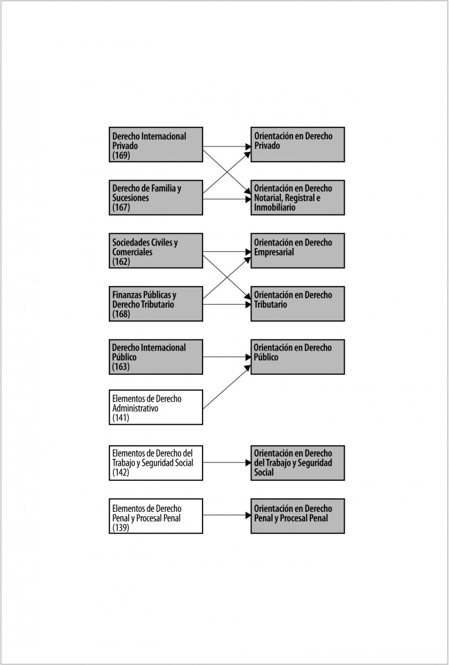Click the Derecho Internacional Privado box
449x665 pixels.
156,145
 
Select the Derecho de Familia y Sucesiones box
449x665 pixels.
156,198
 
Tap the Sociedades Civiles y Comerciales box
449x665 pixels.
156,251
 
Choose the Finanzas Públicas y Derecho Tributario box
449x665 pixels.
156,304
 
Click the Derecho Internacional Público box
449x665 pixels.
156,357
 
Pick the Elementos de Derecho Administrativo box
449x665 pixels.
156,407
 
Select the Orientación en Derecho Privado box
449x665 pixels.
297,145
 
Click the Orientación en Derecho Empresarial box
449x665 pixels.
297,251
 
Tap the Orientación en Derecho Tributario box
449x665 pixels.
297,304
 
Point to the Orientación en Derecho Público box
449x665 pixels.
297,357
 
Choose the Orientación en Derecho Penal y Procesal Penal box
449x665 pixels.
297,516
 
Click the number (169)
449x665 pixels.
121,155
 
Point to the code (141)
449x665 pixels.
121,418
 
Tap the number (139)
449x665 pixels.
121,528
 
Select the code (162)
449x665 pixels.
121,262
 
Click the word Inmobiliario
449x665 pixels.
275,208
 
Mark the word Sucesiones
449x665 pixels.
131,198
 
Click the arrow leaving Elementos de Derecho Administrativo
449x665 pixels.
227,387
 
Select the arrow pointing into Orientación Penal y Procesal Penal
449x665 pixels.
227,516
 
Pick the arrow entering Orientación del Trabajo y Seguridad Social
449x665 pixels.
227,463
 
